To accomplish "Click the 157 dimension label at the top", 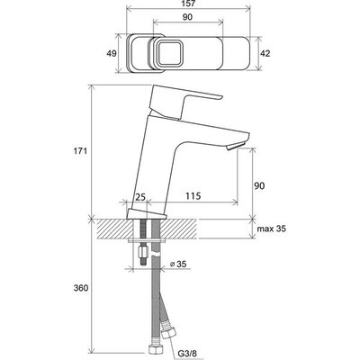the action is [188, 4].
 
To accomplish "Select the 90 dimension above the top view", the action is [187, 17].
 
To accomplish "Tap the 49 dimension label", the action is [112, 54].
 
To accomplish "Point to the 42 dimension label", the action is [265, 54].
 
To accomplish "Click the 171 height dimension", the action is [81, 151].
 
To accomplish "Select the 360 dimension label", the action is [81, 288].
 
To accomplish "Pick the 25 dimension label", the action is [139, 197].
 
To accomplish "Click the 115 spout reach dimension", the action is [193, 196].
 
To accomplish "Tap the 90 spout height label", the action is [260, 185].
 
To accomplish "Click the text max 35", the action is [272, 229].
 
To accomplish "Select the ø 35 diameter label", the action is [178, 264].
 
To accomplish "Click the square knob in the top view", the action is [169, 53].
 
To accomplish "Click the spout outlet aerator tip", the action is [236, 147].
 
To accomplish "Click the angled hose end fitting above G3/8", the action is [166, 329].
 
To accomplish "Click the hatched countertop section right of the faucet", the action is [179, 229].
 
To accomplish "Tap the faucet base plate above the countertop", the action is [146, 214].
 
